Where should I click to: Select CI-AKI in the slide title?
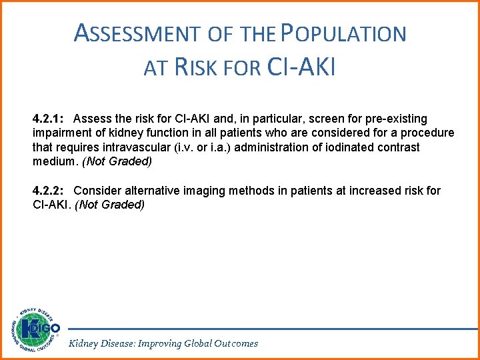301,67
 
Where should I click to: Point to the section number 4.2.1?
48,119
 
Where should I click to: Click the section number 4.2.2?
48,191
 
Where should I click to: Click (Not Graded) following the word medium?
117,162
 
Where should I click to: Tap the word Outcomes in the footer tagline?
235,343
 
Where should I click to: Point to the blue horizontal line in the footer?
267,329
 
